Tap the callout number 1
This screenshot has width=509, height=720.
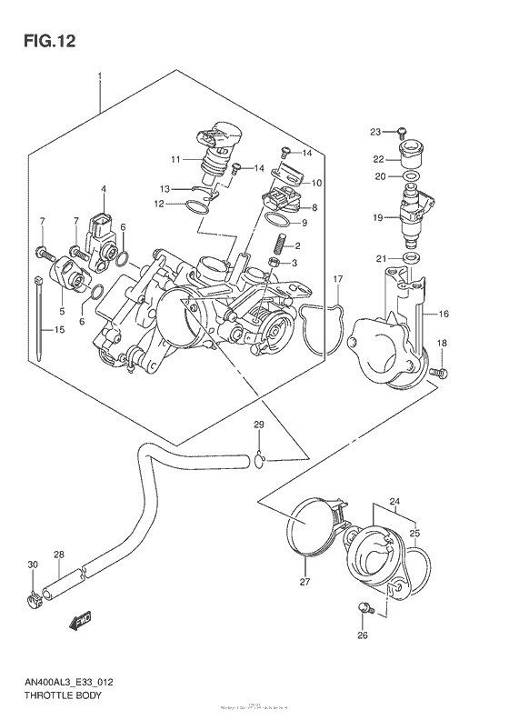pyautogui.click(x=99, y=77)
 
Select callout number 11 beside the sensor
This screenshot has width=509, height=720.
pyautogui.click(x=175, y=159)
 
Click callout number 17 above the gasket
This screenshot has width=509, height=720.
pyautogui.click(x=337, y=278)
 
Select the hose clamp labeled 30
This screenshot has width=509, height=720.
pyautogui.click(x=34, y=598)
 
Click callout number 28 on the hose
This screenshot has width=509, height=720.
pyautogui.click(x=59, y=555)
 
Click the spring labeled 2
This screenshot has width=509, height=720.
pyautogui.click(x=281, y=245)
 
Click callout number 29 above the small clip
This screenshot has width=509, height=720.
pyautogui.click(x=258, y=425)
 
